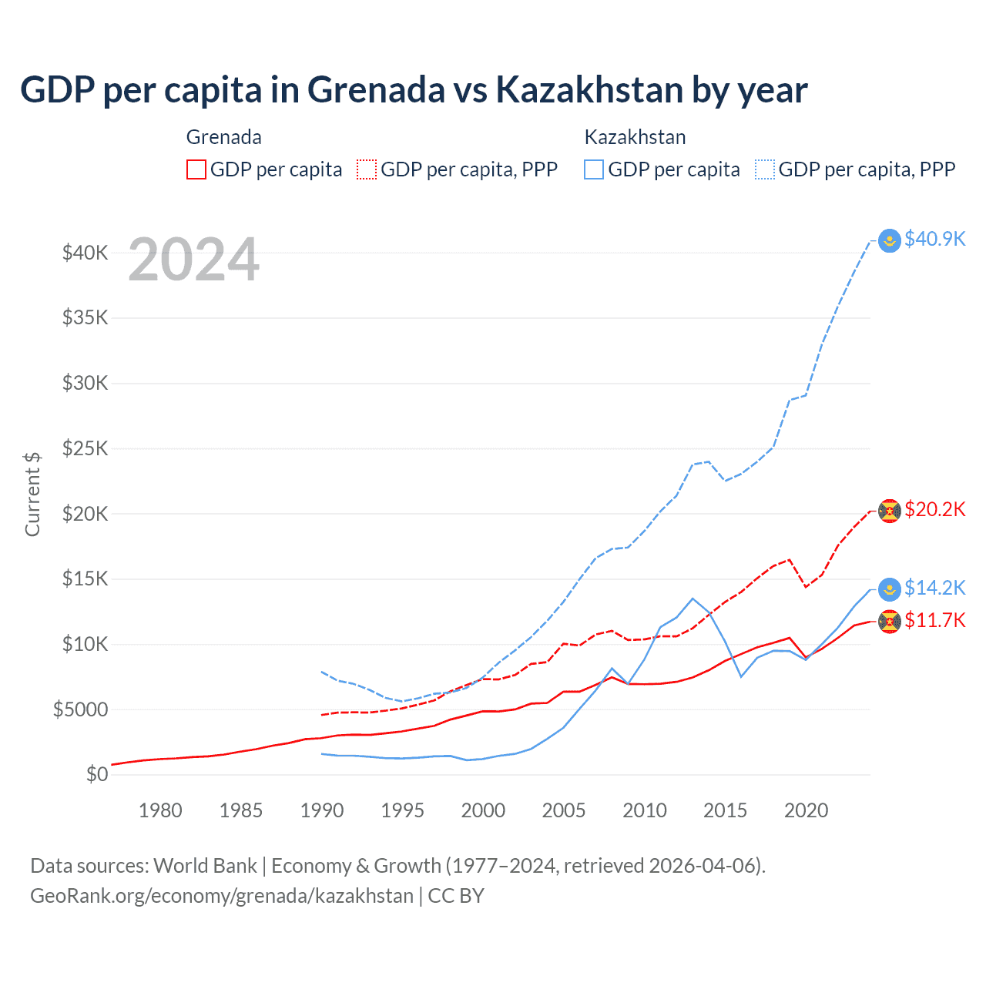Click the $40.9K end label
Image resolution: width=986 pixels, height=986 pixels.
pyautogui.click(x=934, y=239)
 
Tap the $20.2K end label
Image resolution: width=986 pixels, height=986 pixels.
pyautogui.click(x=934, y=509)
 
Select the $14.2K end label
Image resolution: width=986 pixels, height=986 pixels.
pyautogui.click(x=934, y=588)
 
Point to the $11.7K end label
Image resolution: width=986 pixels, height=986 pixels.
pyautogui.click(x=934, y=620)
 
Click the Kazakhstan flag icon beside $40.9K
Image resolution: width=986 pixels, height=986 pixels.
pyautogui.click(x=890, y=240)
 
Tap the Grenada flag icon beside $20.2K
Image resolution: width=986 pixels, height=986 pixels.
pyautogui.click(x=890, y=511)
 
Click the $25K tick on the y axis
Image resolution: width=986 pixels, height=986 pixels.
pyautogui.click(x=86, y=448)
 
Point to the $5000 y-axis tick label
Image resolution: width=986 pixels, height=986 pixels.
pyautogui.click(x=81, y=709)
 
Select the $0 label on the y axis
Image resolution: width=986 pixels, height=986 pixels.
pyautogui.click(x=97, y=774)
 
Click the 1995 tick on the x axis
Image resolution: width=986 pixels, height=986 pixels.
pyautogui.click(x=402, y=810)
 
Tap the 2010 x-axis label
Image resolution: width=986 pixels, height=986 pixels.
pyautogui.click(x=645, y=810)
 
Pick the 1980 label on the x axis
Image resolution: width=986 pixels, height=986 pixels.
pyautogui.click(x=160, y=810)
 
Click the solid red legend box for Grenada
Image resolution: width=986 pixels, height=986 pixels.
pyautogui.click(x=196, y=169)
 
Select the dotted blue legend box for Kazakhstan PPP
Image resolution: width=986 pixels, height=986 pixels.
pyautogui.click(x=765, y=169)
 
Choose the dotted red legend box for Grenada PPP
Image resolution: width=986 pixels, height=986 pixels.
pyautogui.click(x=367, y=169)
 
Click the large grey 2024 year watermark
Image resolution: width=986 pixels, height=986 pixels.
pyautogui.click(x=193, y=260)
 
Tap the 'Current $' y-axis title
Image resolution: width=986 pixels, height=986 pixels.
pyautogui.click(x=32, y=494)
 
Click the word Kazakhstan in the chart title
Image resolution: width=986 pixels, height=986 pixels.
pyautogui.click(x=589, y=89)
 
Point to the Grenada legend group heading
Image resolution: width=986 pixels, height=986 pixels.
pyautogui.click(x=224, y=137)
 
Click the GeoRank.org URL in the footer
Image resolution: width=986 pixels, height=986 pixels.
pyautogui.click(x=222, y=896)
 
